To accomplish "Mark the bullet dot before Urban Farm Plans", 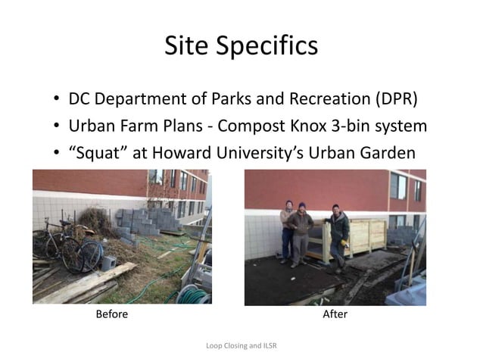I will click(x=57, y=126).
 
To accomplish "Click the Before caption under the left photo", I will click(x=111, y=314).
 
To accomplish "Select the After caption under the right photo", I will click(x=335, y=314).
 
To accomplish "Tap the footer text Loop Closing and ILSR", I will click(x=241, y=346).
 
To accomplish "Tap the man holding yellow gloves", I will click(x=338, y=234).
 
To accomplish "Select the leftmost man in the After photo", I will click(x=287, y=230).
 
